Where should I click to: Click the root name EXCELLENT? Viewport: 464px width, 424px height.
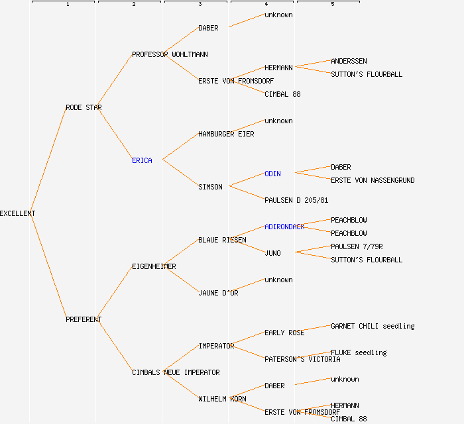click(18, 213)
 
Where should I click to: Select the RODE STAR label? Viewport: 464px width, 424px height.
click(84, 107)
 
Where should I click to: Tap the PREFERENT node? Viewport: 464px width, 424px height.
click(84, 319)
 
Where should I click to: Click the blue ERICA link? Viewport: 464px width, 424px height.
click(142, 160)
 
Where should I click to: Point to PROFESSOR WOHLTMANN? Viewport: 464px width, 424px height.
click(170, 54)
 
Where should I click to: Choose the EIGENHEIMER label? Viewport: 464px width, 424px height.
click(154, 266)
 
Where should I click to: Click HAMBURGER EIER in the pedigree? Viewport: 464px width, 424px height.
click(226, 134)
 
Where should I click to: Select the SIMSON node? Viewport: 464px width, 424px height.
click(210, 187)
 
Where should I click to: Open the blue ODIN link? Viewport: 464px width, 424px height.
click(272, 174)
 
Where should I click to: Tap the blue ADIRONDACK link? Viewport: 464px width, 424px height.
click(284, 227)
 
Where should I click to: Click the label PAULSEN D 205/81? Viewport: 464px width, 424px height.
click(296, 200)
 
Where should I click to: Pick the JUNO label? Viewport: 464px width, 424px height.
click(272, 253)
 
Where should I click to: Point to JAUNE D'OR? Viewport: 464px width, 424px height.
click(218, 293)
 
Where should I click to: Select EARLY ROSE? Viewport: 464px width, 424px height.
click(284, 333)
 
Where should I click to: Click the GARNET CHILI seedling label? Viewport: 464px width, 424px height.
click(373, 326)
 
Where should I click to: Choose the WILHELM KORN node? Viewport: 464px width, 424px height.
click(222, 399)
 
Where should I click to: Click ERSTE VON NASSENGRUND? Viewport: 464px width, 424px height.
click(373, 180)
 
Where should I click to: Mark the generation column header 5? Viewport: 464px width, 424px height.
click(333, 5)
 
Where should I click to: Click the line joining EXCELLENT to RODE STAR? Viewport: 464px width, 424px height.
click(48, 160)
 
